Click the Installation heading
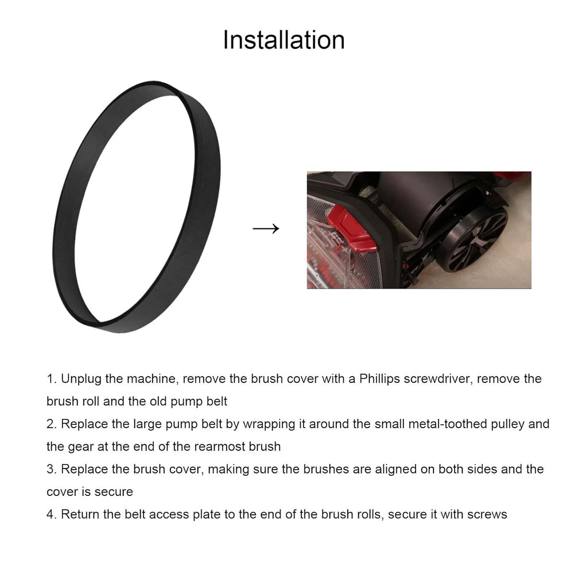tap(284, 40)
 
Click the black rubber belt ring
tap(64, 205)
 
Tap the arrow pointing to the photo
tap(266, 228)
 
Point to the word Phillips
tap(379, 379)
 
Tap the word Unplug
tap(81, 379)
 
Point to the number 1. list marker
tap(52, 379)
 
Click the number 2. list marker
tap(52, 424)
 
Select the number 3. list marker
tap(52, 470)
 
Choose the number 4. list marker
tap(52, 514)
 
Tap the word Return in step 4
tap(80, 514)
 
